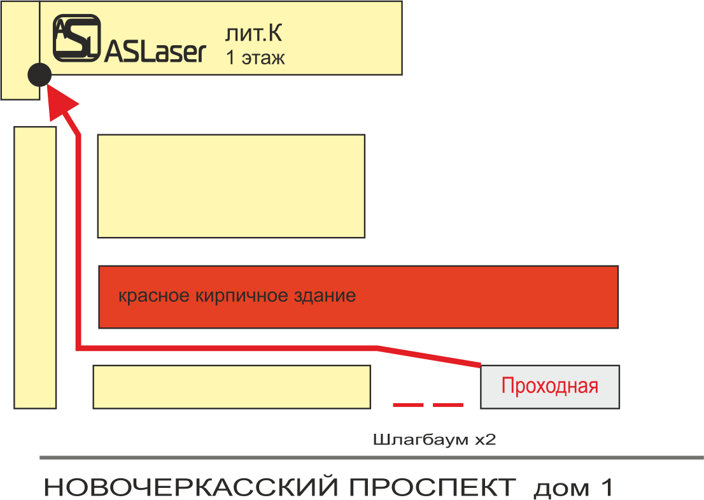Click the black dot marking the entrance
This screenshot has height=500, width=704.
[39, 75]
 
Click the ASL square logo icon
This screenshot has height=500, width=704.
[76, 38]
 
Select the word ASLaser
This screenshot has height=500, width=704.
[155, 52]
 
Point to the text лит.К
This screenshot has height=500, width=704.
[254, 32]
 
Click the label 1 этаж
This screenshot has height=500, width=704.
[255, 58]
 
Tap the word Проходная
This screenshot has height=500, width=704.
[550, 386]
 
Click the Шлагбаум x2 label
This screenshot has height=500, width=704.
[434, 440]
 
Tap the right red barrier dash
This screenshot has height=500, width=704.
[448, 404]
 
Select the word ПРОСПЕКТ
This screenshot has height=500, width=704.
[432, 488]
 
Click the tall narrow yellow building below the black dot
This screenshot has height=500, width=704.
[36, 268]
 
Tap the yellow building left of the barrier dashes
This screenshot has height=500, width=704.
[232, 387]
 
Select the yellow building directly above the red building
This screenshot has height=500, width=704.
[231, 186]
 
